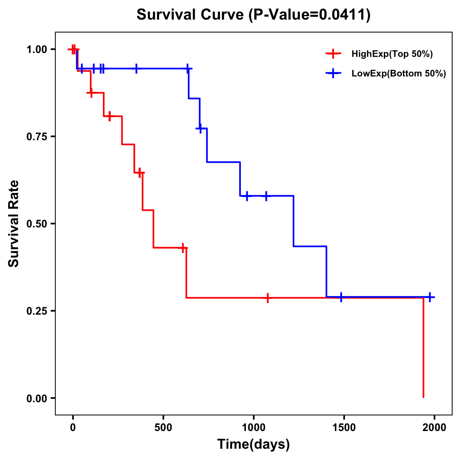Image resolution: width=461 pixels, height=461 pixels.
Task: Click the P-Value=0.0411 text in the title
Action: coord(310,15)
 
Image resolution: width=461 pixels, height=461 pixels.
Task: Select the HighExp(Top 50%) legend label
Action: coord(392,54)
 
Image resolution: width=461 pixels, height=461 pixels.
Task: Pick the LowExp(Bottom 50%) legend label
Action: coord(399,74)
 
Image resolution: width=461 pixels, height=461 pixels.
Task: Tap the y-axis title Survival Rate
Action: coord(14,224)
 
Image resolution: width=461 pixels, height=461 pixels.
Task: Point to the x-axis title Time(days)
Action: coord(254,444)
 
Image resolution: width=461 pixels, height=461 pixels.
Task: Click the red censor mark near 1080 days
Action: coord(268,298)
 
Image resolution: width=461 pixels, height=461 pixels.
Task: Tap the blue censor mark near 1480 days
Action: coord(341,297)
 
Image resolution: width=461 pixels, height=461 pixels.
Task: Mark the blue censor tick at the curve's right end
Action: coord(430,297)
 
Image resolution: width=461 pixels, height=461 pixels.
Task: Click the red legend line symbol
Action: coord(333,54)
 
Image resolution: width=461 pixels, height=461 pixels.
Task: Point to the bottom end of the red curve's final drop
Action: coord(423,397)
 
